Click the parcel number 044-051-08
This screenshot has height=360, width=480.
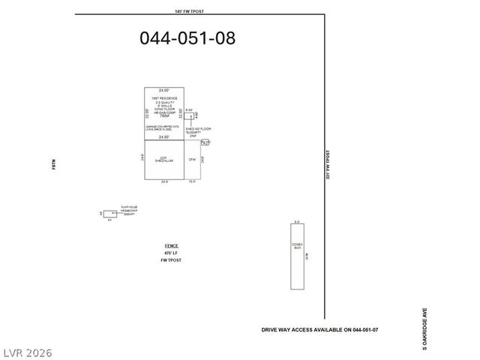click(187, 38)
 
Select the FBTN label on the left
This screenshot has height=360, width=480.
click(54, 166)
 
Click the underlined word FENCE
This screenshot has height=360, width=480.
click(171, 246)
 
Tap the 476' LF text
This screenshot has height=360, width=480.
click(171, 253)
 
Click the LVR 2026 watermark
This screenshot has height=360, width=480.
click(27, 352)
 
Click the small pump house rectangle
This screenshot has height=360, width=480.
click(109, 214)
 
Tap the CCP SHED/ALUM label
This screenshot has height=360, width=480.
click(165, 160)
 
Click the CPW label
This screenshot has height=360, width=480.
click(192, 160)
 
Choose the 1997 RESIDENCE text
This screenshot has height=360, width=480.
click(164, 97)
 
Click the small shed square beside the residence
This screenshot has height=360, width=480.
click(189, 115)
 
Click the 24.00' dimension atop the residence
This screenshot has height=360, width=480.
click(164, 90)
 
